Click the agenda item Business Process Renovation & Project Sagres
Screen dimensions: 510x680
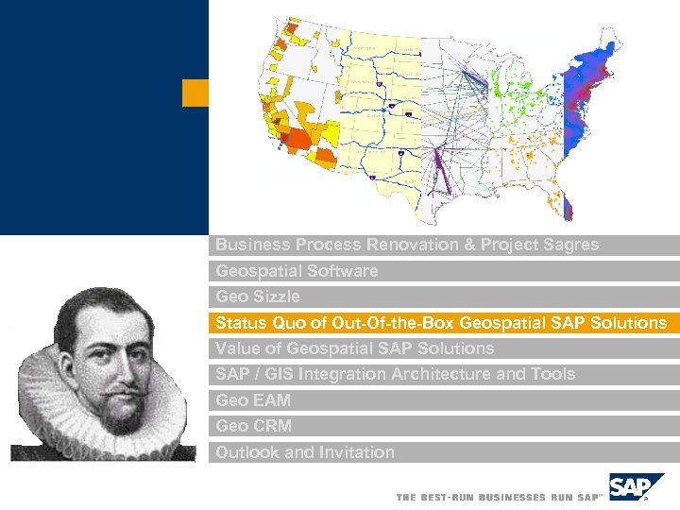(406, 245)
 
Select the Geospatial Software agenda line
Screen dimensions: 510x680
(297, 271)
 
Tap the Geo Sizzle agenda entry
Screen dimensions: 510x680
(258, 297)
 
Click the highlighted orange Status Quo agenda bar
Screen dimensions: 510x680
(441, 323)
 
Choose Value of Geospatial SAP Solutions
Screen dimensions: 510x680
(354, 348)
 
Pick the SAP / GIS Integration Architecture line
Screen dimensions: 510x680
(395, 374)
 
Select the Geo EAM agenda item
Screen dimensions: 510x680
(253, 400)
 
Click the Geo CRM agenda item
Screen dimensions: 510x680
(253, 426)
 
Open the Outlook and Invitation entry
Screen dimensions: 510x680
(305, 452)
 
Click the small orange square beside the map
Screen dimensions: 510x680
(195, 93)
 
